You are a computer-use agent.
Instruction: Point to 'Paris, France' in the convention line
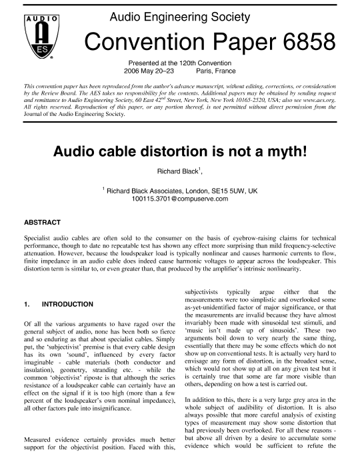(217, 69)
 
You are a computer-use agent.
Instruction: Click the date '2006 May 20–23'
(149, 69)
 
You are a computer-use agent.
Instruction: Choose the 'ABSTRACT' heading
(42, 222)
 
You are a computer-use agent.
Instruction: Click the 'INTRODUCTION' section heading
(67, 305)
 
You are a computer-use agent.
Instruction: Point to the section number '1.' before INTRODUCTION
(27, 305)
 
